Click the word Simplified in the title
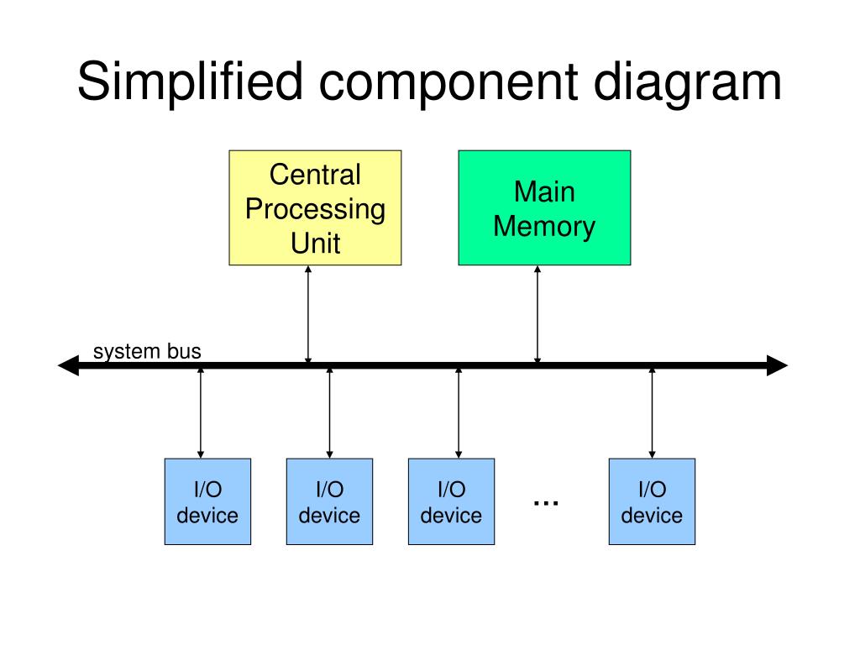click(190, 82)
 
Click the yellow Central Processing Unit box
click(316, 208)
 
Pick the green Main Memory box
click(544, 208)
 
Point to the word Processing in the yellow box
click(316, 210)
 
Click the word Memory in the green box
click(544, 227)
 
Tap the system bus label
click(147, 351)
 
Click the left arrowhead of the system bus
click(69, 365)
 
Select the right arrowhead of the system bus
click(777, 365)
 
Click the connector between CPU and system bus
click(308, 314)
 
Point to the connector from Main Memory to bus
click(537, 314)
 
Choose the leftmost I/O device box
click(208, 502)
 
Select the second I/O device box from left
click(329, 502)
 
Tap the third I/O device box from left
click(451, 502)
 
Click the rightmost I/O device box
click(652, 502)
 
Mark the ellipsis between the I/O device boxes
click(546, 503)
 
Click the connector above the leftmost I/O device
click(201, 413)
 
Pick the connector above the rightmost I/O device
click(652, 413)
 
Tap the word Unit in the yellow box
click(316, 244)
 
